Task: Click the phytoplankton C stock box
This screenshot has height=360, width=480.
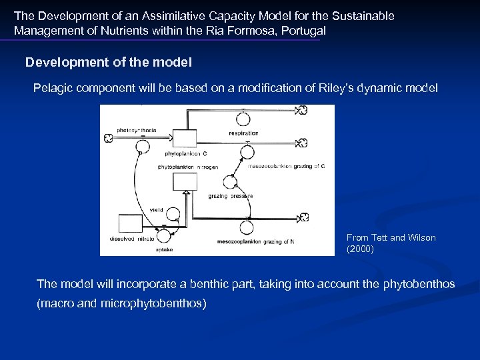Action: [184, 138]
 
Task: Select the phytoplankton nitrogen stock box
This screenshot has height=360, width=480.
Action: [185, 181]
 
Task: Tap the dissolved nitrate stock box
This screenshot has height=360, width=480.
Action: [130, 224]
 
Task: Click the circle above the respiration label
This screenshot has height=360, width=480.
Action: [243, 119]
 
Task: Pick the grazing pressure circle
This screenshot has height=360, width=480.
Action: [230, 181]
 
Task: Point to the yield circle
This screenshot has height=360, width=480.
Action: [173, 214]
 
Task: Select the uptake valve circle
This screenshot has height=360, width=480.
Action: [161, 235]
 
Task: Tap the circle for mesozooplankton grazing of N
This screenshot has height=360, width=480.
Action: [247, 227]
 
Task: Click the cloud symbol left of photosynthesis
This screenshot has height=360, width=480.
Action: [108, 138]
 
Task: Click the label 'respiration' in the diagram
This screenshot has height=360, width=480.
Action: [243, 133]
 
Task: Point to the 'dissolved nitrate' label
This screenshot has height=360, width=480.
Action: [132, 239]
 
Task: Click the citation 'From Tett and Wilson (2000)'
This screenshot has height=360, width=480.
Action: [391, 243]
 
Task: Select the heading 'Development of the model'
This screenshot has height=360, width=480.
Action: [109, 63]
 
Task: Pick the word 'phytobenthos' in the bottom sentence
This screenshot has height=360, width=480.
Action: [419, 284]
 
